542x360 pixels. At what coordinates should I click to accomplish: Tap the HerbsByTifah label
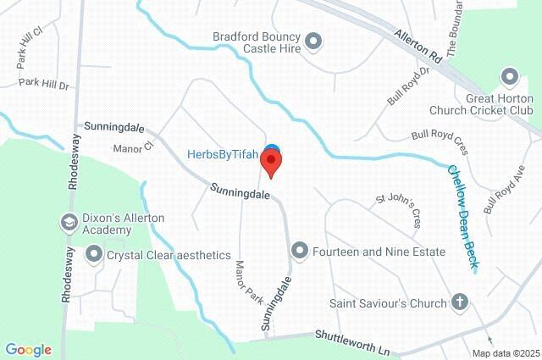[223, 155]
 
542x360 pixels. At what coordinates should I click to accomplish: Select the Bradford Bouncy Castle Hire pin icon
[312, 40]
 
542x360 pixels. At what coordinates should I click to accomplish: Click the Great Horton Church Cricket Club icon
[510, 78]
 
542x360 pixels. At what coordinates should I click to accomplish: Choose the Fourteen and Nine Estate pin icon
[299, 251]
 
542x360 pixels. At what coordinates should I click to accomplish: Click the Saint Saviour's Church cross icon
[459, 302]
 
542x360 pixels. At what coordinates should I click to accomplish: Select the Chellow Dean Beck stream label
[463, 218]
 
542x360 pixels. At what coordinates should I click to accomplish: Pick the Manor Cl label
[131, 147]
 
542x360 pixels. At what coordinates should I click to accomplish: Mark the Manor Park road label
[251, 283]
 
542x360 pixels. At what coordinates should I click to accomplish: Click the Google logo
[28, 350]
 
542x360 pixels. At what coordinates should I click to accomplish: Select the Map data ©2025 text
[505, 353]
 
